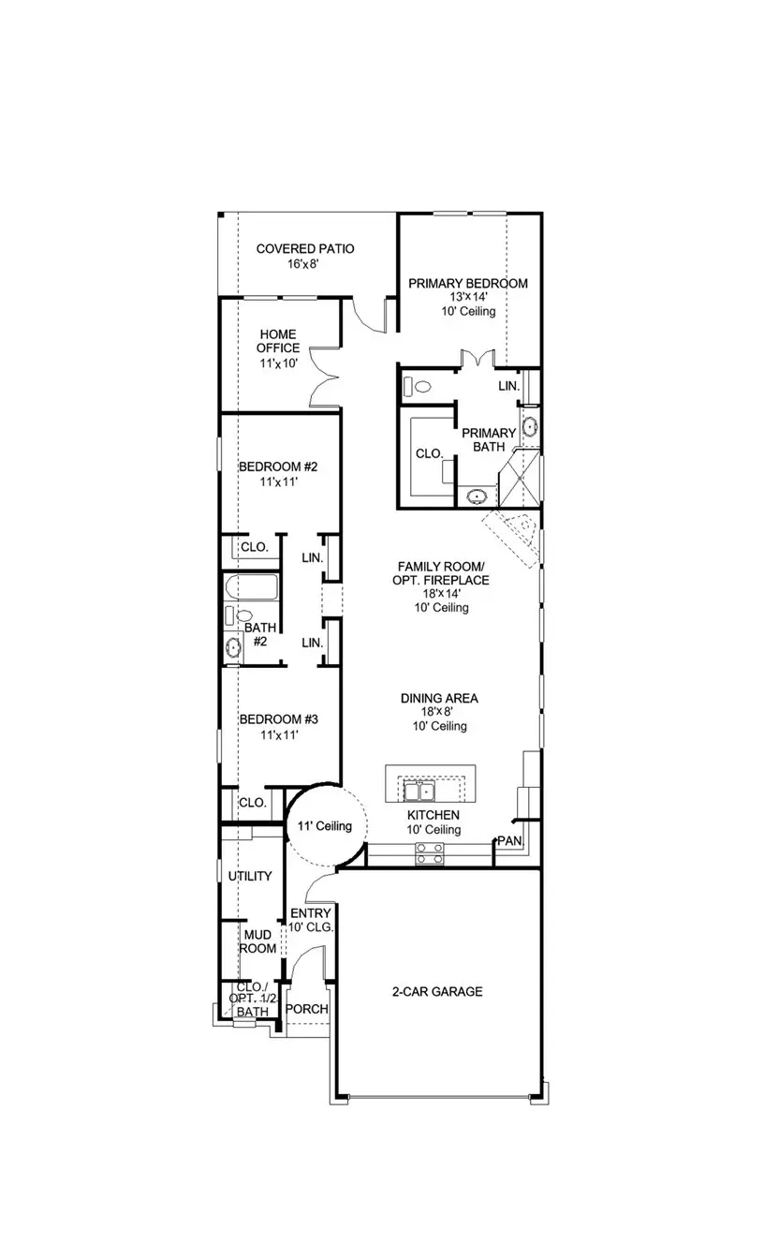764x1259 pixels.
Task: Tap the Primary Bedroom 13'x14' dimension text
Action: [x=467, y=297]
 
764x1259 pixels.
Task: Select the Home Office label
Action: [x=279, y=341]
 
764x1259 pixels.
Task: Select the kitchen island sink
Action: [x=419, y=792]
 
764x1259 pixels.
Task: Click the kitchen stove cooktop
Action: [x=429, y=852]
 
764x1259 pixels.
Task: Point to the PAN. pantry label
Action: [x=509, y=841]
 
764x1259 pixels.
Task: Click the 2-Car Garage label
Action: [x=437, y=991]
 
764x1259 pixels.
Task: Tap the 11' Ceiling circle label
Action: [x=324, y=826]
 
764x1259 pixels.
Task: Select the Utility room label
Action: [x=250, y=876]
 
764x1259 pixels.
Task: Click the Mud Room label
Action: [x=259, y=941]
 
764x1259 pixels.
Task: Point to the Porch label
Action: [x=306, y=1009]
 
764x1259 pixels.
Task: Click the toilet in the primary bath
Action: [x=420, y=385]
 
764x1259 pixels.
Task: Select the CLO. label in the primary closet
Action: [x=428, y=453]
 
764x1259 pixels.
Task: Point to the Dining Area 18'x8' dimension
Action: [x=439, y=712]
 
